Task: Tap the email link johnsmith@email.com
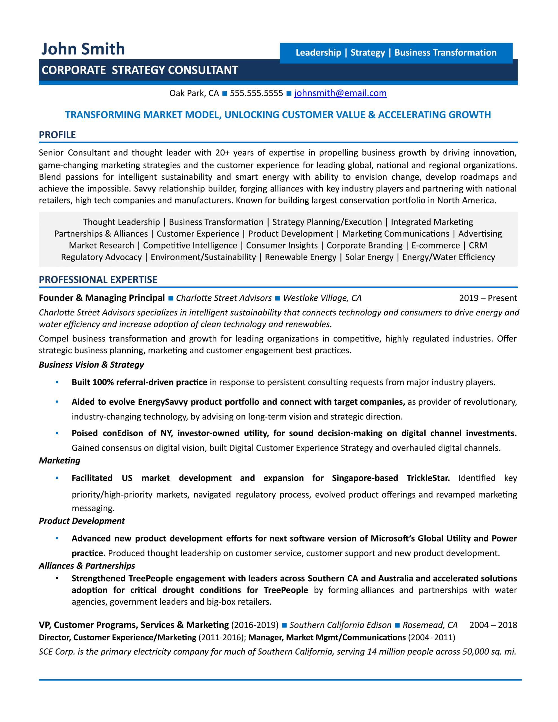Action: point(340,93)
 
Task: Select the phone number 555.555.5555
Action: point(256,93)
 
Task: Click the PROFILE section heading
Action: point(57,135)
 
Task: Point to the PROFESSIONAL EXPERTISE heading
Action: point(98,280)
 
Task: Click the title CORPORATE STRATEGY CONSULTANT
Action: point(140,70)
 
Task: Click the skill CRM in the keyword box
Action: point(478,246)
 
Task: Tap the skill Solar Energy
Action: point(369,257)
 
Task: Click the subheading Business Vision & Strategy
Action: point(91,365)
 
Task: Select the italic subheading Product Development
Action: point(82,521)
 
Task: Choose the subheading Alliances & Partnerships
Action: point(87,566)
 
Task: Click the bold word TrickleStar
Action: point(428,478)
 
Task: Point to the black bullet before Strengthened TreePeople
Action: point(57,578)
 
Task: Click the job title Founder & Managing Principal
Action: point(102,298)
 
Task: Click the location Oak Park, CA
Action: point(194,93)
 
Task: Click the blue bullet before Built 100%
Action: point(57,382)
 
